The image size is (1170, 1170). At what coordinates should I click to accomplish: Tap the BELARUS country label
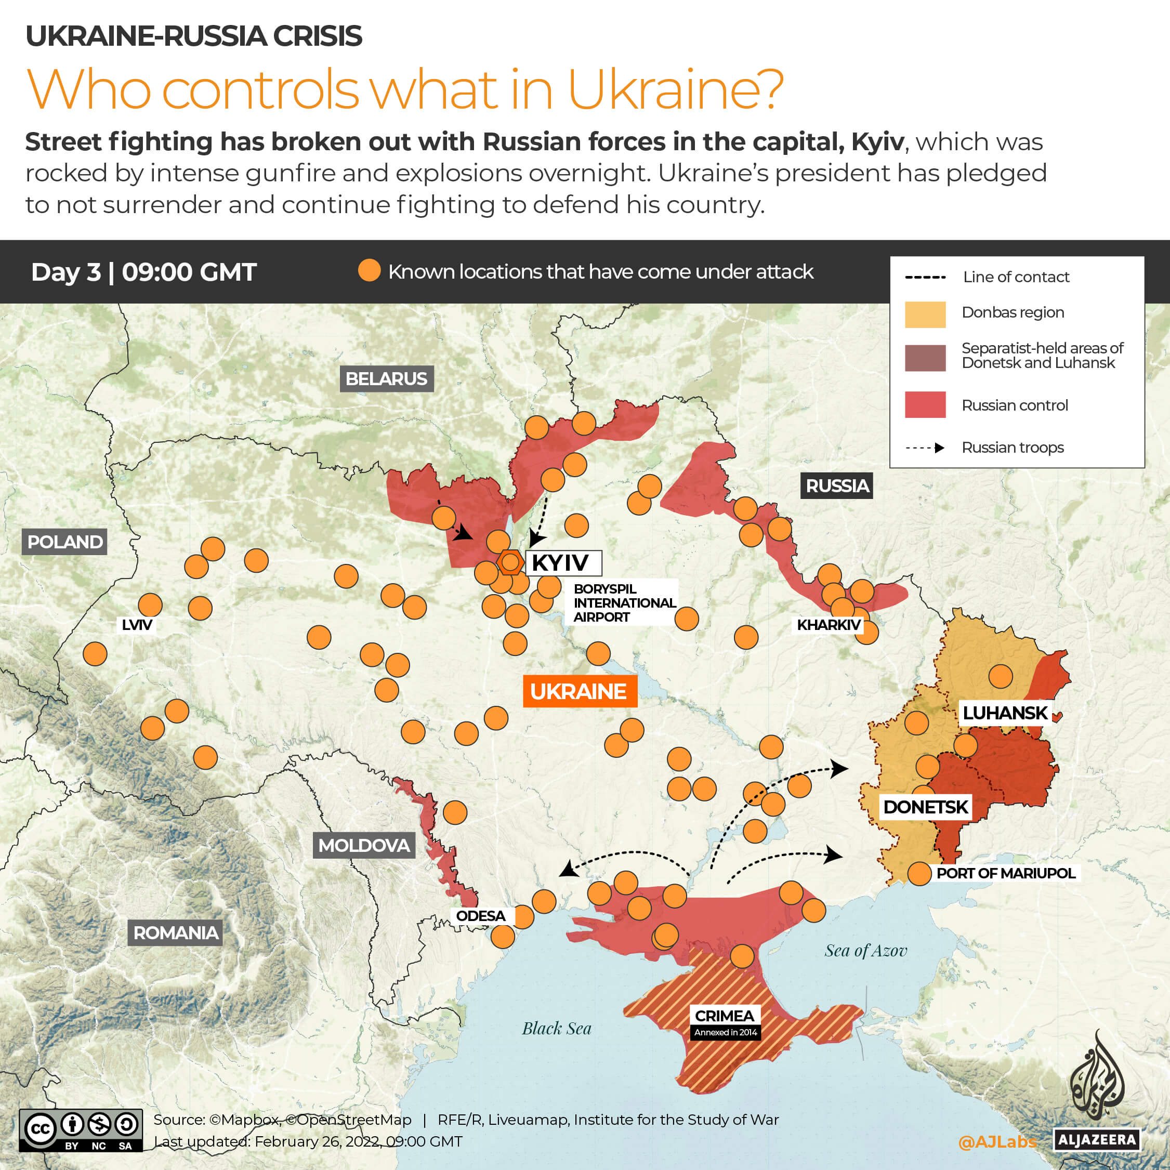[386, 379]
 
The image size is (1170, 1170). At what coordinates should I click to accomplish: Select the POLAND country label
[65, 542]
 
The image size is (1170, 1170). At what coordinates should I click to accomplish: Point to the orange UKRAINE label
[580, 691]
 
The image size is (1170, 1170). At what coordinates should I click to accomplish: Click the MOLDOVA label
[364, 845]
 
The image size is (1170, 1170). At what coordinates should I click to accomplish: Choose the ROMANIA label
[176, 932]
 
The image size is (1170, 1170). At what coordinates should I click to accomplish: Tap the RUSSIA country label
[836, 485]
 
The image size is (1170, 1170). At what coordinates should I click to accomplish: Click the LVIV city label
[137, 625]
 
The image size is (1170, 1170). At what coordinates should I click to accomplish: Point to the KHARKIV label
[828, 625]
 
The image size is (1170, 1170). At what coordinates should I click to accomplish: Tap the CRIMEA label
[724, 1016]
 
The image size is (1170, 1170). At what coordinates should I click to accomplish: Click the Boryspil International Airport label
[624, 602]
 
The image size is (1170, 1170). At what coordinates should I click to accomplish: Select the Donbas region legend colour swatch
[925, 314]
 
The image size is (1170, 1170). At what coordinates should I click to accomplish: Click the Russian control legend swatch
[925, 404]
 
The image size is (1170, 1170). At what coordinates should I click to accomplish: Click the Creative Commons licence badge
[81, 1130]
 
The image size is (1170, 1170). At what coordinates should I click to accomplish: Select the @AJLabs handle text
[997, 1142]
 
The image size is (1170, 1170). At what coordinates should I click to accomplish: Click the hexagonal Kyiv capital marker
[510, 562]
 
